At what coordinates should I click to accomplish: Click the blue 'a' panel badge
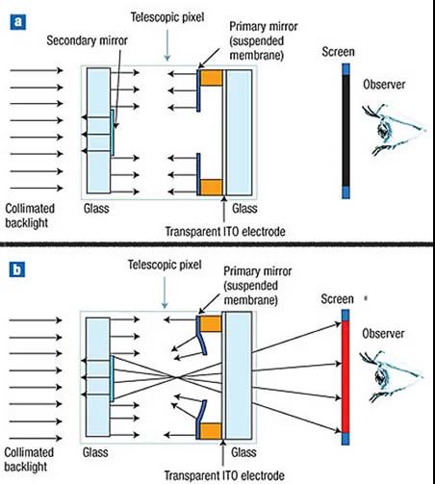point(17,22)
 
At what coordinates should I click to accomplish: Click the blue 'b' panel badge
point(17,269)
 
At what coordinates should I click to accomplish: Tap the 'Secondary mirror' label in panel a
point(87,40)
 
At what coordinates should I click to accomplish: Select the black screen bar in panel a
point(345,131)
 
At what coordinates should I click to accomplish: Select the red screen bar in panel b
point(345,377)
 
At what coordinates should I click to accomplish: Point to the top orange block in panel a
point(212,78)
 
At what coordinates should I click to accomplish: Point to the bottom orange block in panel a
point(212,188)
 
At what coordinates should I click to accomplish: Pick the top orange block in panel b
point(211,323)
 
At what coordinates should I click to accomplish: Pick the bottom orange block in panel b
point(211,431)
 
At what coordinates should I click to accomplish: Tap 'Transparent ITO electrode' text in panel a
point(225,231)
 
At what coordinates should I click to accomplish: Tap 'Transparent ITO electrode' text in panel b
point(224,475)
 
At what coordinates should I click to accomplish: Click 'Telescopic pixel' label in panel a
point(167,17)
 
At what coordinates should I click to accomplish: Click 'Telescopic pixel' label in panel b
point(165,265)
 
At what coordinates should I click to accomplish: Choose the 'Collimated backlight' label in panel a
point(30,216)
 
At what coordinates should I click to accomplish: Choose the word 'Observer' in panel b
point(383,334)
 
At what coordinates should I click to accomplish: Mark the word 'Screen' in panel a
point(338,52)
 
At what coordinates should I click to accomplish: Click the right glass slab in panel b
point(239,375)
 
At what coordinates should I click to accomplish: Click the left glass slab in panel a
point(98,131)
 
